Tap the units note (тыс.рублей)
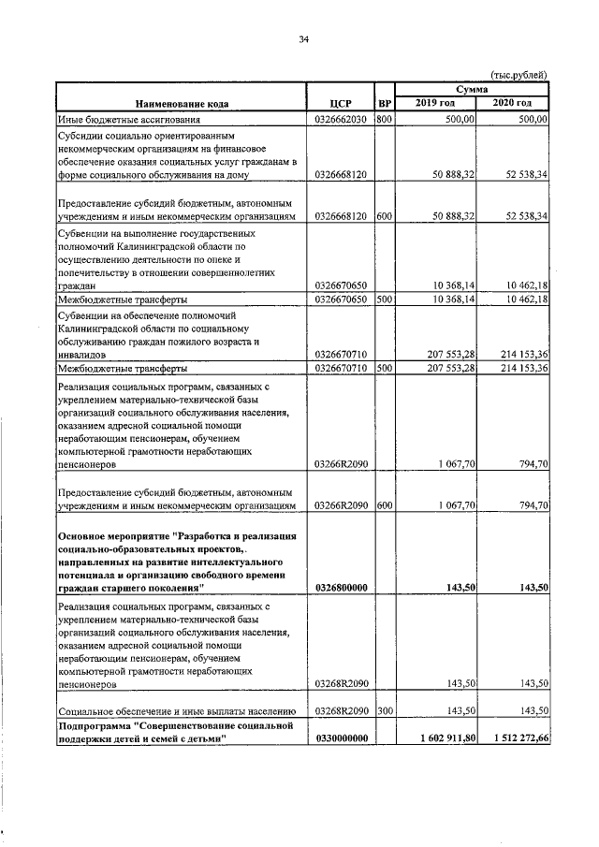click(519, 75)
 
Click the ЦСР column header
click(341, 104)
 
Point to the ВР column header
click(384, 104)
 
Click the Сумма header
click(473, 88)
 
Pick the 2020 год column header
click(513, 103)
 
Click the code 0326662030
click(341, 121)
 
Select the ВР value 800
click(384, 121)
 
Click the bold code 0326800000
click(341, 587)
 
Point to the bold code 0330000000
click(341, 737)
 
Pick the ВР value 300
click(384, 710)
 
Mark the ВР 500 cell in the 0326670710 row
click(384, 370)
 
